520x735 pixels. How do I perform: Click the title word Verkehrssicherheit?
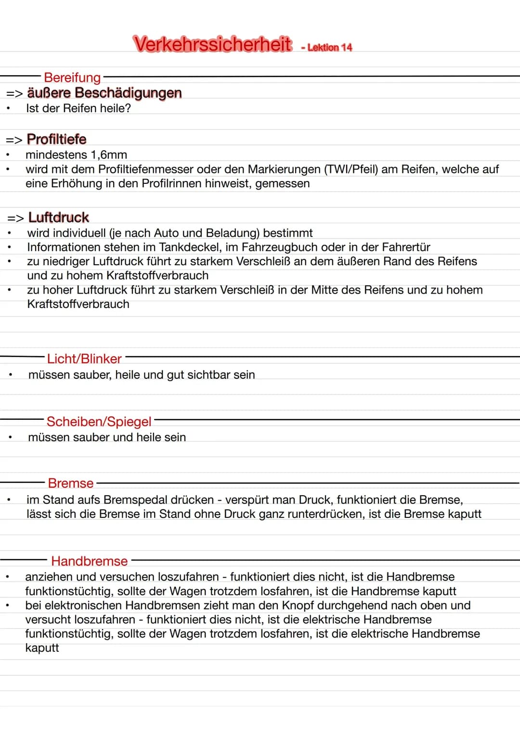tap(212, 44)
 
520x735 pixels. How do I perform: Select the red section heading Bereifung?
tap(72, 77)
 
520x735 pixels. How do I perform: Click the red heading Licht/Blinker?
tap(84, 359)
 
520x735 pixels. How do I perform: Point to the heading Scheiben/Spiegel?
tap(99, 422)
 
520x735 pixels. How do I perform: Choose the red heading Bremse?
tap(71, 483)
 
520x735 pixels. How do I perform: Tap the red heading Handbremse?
tap(90, 561)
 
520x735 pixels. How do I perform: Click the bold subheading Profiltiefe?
tap(57, 139)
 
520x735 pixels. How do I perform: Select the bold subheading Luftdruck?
tap(59, 218)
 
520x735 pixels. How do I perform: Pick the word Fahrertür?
tap(406, 247)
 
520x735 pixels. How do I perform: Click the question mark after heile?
tap(128, 108)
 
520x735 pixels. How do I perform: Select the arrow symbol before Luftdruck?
tap(15, 218)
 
